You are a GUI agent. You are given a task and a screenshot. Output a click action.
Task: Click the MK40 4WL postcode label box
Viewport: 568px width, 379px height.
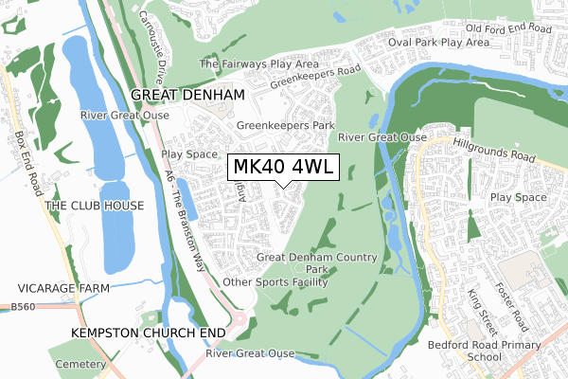(282, 168)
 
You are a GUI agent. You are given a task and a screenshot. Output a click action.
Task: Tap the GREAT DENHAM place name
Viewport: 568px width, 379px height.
(187, 95)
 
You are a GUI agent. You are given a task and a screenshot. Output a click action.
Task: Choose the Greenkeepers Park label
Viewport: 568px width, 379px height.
(286, 125)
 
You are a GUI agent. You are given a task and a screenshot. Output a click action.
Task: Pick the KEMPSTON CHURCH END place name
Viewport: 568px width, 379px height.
(148, 334)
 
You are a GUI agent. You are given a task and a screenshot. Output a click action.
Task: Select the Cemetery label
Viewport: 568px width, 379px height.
(77, 365)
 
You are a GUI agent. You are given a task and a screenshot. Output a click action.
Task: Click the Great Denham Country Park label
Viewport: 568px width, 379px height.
(317, 263)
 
